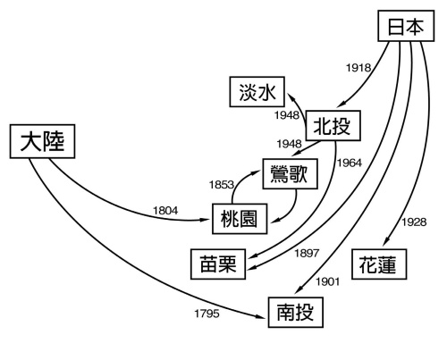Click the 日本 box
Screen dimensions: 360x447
click(405, 29)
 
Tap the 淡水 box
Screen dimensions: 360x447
click(257, 93)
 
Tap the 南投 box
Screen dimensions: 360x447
click(294, 313)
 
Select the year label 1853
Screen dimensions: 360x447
click(223, 185)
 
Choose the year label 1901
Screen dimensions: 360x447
click(328, 282)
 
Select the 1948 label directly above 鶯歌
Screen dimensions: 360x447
click(288, 144)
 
